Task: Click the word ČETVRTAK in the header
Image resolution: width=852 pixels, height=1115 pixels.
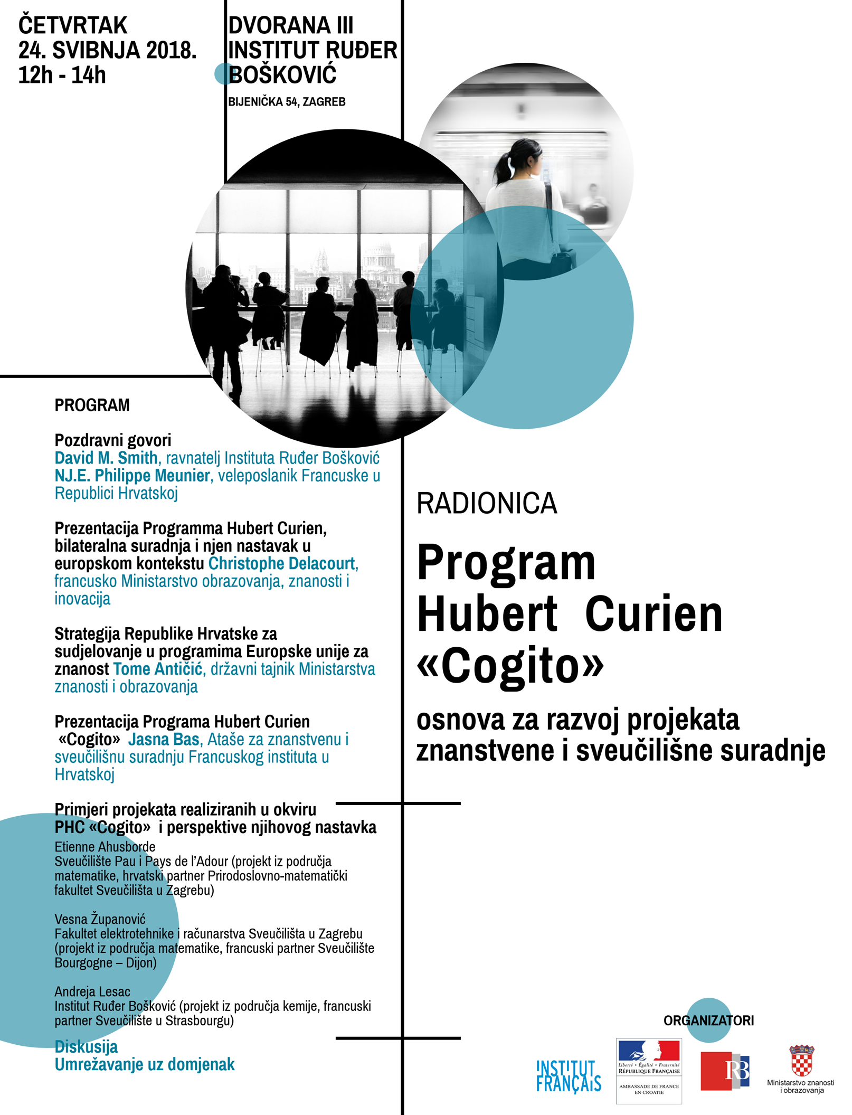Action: [73, 25]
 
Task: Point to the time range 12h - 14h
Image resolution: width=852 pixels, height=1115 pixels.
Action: [62, 75]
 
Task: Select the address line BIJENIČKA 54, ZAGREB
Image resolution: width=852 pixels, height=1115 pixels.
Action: [287, 102]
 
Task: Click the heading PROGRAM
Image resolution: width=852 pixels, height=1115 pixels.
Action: [92, 405]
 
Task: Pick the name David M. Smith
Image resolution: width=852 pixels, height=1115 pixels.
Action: [106, 458]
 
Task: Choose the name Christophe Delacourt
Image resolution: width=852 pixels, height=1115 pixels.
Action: [282, 563]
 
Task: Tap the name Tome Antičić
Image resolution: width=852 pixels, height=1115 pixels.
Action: [158, 669]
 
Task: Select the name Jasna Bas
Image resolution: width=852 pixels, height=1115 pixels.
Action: [164, 739]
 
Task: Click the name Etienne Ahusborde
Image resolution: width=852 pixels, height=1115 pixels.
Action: [105, 847]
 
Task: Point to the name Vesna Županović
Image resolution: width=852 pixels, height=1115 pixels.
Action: [100, 919]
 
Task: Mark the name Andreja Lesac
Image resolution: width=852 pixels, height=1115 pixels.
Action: [92, 991]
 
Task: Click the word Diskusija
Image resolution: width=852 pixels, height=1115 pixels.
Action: [86, 1046]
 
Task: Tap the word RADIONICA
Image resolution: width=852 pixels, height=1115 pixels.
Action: [486, 503]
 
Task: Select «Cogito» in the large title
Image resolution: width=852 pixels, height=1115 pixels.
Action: [509, 665]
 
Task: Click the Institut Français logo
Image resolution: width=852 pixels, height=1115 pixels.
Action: [569, 1076]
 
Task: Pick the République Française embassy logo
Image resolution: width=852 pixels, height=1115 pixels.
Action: [649, 1071]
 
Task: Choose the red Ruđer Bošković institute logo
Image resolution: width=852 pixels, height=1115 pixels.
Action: [724, 1071]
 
